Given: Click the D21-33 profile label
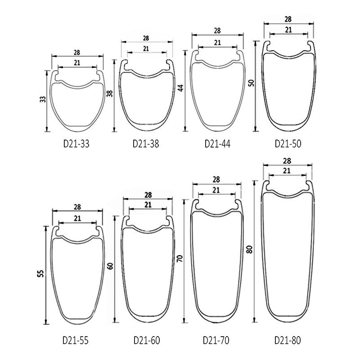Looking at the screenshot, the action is point(76,144).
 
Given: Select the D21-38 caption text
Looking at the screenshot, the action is point(146,144).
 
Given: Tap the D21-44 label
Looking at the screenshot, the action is point(217,144).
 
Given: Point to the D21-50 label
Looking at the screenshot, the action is point(288,144).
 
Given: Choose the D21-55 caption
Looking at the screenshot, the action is point(75,340).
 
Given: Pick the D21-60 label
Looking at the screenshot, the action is point(147,340).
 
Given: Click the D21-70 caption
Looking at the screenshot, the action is point(216,340).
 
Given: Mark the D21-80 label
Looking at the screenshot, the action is point(288,340).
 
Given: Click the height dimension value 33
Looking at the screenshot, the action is point(43,99).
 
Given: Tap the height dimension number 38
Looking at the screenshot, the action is point(110,94).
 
